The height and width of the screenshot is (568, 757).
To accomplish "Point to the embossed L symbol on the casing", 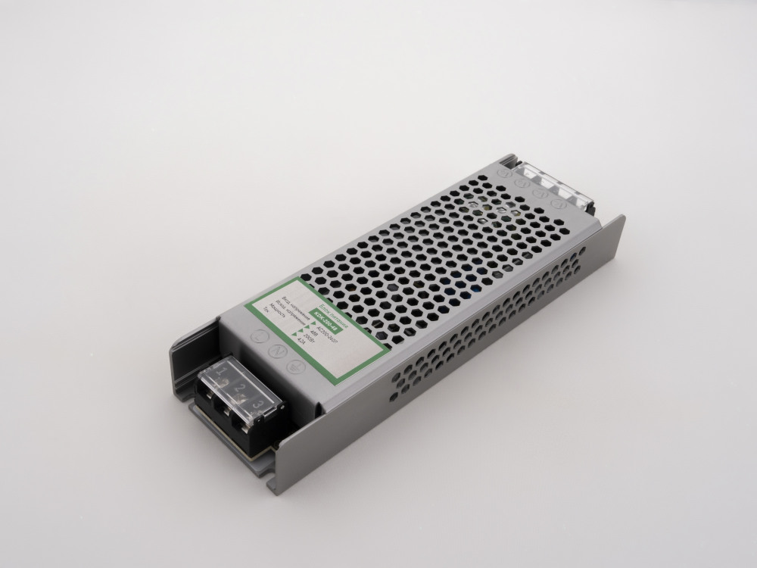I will pyautogui.click(x=259, y=335).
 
